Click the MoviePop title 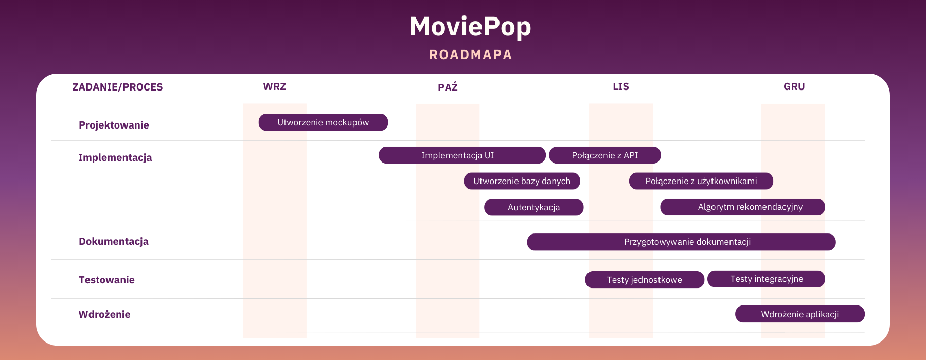pos(470,27)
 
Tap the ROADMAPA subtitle pos(471,55)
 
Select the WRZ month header pos(275,86)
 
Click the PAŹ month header pos(448,87)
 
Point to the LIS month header pos(621,86)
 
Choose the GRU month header pos(794,86)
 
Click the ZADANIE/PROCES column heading pos(117,87)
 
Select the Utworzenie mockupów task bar pos(323,122)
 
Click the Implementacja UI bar pos(462,155)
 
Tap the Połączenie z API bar pos(605,155)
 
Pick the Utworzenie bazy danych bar pos(522,181)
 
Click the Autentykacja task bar pos(534,207)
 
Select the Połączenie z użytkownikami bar pos(701,181)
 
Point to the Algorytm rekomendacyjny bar pos(742,207)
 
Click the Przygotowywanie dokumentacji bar pos(682,242)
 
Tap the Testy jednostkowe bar pos(645,280)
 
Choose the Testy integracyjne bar pos(767,279)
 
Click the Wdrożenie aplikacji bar pos(800,314)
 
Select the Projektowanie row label pos(114,125)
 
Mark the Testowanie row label pos(106,280)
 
